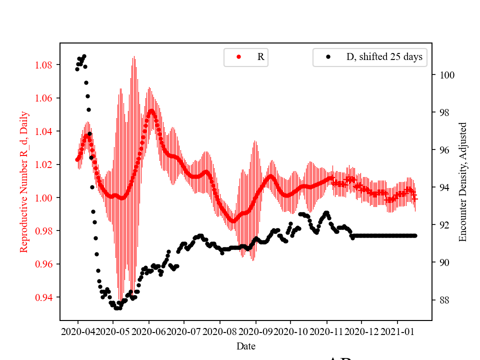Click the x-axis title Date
[x=245, y=346]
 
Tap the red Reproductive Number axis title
[x=23, y=181]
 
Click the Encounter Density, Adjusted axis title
[x=462, y=181]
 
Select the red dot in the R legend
[x=238, y=57]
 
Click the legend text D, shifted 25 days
[x=384, y=57]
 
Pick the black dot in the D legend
[x=328, y=57]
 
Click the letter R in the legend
[x=260, y=57]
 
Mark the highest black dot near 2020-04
[x=84, y=56]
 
